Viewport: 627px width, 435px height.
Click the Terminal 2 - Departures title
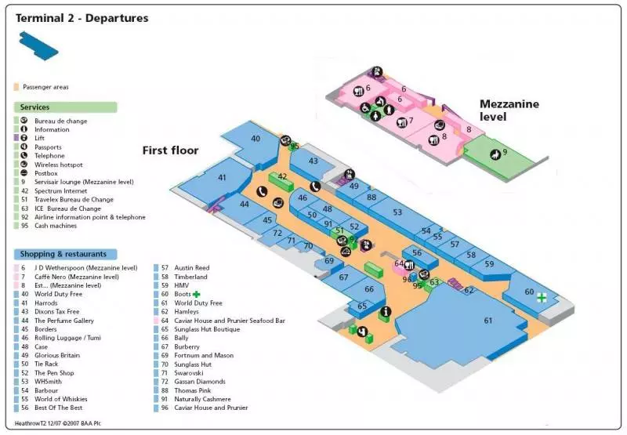pyautogui.click(x=82, y=18)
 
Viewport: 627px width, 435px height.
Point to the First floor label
pyautogui.click(x=170, y=150)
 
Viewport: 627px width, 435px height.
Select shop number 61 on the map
pyautogui.click(x=487, y=320)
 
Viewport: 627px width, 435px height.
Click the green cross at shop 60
pyautogui.click(x=541, y=298)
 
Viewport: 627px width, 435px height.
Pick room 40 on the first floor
pyautogui.click(x=256, y=139)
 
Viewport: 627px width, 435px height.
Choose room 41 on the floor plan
pyautogui.click(x=222, y=178)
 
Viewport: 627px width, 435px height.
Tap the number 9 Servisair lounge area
pyautogui.click(x=505, y=152)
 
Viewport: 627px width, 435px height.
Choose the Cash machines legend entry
pyautogui.click(x=56, y=226)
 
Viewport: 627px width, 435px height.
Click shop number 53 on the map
pyautogui.click(x=397, y=212)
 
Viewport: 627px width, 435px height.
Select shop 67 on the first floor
pyautogui.click(x=343, y=277)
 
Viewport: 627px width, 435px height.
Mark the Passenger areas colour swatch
pyautogui.click(x=16, y=87)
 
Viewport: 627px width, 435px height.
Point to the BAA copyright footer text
pyautogui.click(x=59, y=424)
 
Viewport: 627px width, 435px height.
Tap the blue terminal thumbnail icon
pyautogui.click(x=39, y=45)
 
